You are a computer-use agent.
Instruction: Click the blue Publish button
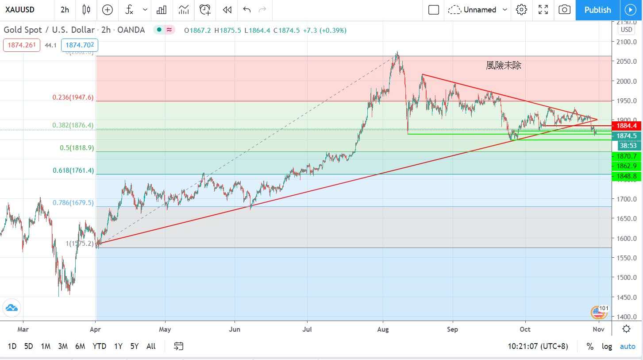pos(597,10)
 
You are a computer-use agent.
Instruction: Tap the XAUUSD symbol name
pos(20,10)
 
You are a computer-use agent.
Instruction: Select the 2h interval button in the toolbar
pos(65,10)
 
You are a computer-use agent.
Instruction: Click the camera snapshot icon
pos(564,10)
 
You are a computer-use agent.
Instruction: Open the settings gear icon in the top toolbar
pos(522,10)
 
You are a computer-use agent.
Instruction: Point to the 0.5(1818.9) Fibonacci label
pos(77,148)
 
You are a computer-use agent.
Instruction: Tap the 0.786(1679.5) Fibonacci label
pos(73,203)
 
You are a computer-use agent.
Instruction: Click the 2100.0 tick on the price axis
pos(626,42)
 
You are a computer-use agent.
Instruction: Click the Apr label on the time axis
pos(96,329)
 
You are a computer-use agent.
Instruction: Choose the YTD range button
pos(99,346)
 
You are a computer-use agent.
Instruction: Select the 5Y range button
pos(135,346)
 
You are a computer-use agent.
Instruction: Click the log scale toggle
pos(607,346)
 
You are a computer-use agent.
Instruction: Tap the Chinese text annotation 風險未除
pos(504,66)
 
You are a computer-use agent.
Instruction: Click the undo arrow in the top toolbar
pos(247,10)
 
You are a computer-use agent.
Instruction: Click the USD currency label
pos(626,30)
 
